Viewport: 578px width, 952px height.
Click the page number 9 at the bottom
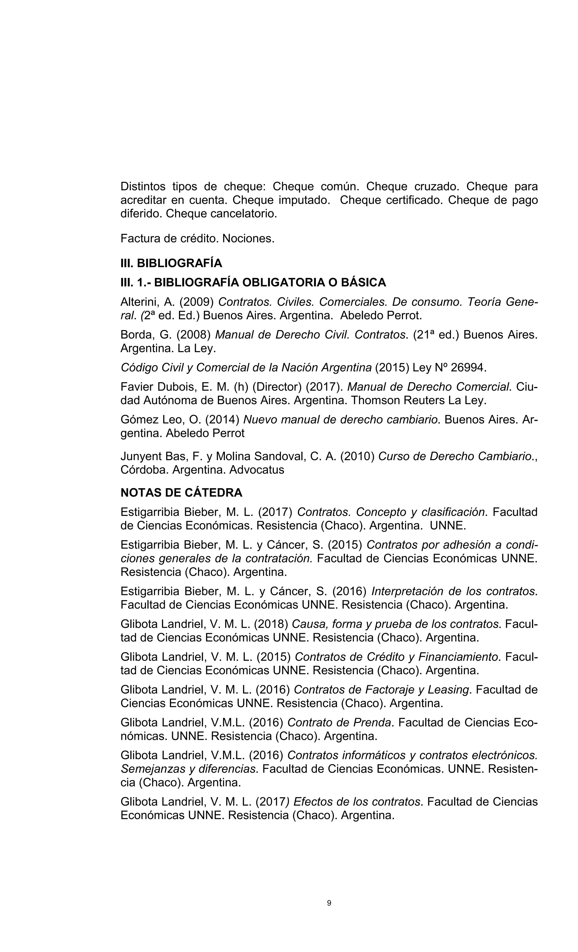pyautogui.click(x=329, y=903)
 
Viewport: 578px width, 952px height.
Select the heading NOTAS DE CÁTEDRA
pyautogui.click(x=181, y=493)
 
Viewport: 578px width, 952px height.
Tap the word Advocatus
pyautogui.click(x=257, y=470)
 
